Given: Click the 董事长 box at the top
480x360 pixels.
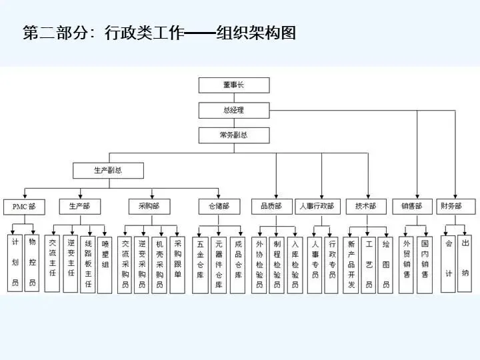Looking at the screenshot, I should pyautogui.click(x=234, y=85).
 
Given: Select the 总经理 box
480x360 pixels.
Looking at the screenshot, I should pyautogui.click(x=234, y=110).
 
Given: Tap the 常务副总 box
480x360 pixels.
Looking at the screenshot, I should pyautogui.click(x=234, y=135).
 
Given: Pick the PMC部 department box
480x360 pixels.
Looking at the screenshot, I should pyautogui.click(x=23, y=207).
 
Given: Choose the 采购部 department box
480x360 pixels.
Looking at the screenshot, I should pyautogui.click(x=149, y=206).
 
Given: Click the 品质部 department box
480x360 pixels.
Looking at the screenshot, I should pyautogui.click(x=271, y=206).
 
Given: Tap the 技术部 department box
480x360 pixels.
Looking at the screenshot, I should pyautogui.click(x=366, y=206).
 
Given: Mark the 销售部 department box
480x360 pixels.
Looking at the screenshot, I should pyautogui.click(x=412, y=206).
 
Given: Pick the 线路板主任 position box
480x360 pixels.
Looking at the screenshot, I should pyautogui.click(x=88, y=263).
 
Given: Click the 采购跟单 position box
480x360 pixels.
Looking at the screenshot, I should pyautogui.click(x=177, y=264).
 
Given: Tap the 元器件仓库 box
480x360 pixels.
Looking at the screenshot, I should pyautogui.click(x=219, y=264).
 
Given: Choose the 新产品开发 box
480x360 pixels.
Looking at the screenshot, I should pyautogui.click(x=352, y=264).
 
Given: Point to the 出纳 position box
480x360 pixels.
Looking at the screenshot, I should pyautogui.click(x=465, y=259).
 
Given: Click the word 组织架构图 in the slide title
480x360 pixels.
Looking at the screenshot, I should pyautogui.click(x=256, y=33).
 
